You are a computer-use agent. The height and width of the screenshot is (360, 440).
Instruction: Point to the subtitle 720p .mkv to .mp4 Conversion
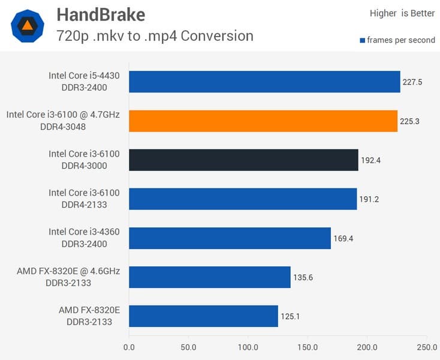(x=155, y=35)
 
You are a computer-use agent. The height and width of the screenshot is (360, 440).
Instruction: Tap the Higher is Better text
(x=402, y=13)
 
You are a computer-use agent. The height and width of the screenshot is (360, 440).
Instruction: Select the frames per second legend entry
(x=397, y=41)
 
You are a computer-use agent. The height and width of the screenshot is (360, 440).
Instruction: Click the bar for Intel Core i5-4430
(x=264, y=82)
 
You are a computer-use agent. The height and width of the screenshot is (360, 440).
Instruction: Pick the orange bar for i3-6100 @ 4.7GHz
(x=263, y=121)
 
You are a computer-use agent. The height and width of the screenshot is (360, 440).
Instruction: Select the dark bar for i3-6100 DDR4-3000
(x=243, y=160)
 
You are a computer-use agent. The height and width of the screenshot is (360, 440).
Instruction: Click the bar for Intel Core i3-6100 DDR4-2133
(x=243, y=199)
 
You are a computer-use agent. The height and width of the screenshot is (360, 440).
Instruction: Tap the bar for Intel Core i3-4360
(x=230, y=238)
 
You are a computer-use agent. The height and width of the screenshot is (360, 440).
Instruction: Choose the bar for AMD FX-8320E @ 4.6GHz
(x=210, y=277)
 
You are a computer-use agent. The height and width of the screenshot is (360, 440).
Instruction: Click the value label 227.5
(x=412, y=82)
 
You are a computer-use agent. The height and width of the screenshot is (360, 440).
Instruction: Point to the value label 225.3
(x=409, y=121)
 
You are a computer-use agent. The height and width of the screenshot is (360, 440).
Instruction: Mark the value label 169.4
(x=343, y=238)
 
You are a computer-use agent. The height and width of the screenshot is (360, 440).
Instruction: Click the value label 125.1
(x=290, y=316)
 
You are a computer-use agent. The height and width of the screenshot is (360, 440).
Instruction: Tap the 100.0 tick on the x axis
(x=248, y=347)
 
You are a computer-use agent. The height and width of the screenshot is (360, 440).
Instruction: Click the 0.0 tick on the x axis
(x=129, y=347)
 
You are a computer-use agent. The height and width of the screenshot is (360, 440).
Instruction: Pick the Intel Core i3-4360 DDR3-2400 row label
(x=84, y=238)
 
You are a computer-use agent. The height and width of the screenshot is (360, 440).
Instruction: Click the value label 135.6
(x=303, y=277)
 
